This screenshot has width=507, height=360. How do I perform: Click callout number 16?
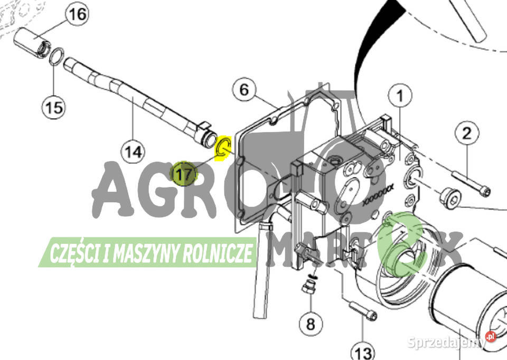click(77, 15)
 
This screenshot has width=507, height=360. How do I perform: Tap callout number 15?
click(54, 107)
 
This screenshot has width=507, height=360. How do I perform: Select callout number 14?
click(133, 151)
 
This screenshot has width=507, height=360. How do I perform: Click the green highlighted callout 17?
click(184, 174)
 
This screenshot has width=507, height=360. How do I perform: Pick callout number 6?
click(245, 90)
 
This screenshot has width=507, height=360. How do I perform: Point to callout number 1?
click(400, 96)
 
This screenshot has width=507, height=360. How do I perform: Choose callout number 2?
click(467, 133)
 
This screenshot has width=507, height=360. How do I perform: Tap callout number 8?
click(311, 324)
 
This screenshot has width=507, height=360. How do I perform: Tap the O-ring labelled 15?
click(57, 56)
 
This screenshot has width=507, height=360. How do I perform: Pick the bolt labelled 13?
click(363, 310)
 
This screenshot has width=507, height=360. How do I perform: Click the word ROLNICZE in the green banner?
click(218, 253)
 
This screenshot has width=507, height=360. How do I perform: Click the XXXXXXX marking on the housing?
click(378, 195)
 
